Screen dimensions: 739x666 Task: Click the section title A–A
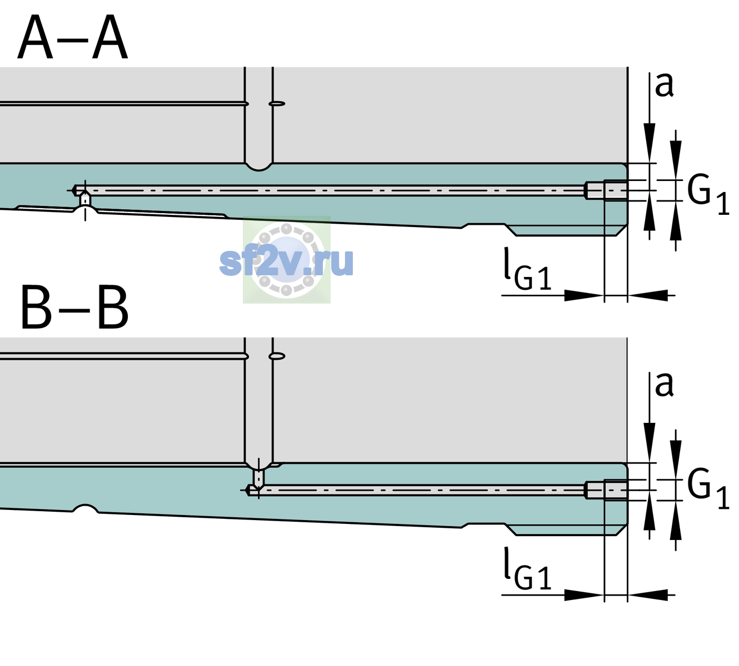coord(73,37)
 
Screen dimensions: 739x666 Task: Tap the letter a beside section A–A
coord(664,85)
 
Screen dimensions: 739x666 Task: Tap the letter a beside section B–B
coord(664,385)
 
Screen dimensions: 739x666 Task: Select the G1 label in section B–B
coord(708,490)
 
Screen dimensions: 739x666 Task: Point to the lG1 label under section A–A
coord(527,269)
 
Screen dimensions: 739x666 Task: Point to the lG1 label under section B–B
coord(527,569)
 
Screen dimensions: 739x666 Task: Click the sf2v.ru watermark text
coord(286,261)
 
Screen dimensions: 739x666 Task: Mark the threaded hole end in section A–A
coord(607,190)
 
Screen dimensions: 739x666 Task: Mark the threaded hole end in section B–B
coord(607,490)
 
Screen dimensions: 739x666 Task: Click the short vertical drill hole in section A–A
coord(85,199)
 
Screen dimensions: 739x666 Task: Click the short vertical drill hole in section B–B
coord(259,478)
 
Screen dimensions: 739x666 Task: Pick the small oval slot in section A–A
coord(277,104)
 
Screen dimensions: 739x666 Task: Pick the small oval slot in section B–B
coord(277,356)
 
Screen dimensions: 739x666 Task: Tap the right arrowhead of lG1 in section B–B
coord(648,595)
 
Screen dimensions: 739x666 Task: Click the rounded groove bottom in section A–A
coord(258,167)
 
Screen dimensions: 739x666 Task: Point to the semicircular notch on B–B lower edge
coord(85,508)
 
